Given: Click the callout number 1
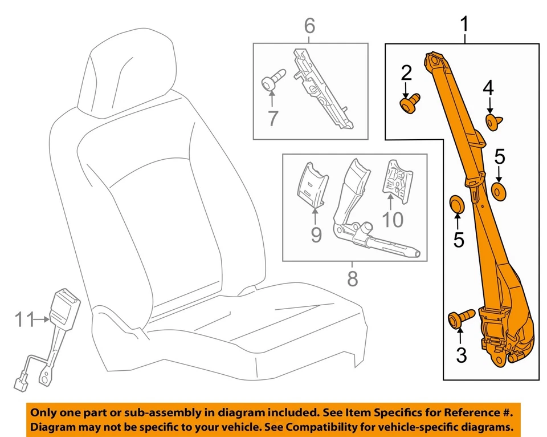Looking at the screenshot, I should tap(465, 25).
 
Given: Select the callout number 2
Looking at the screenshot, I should tap(406, 73).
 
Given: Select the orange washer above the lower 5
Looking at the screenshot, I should tap(457, 203).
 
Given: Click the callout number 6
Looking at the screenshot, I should tap(309, 26).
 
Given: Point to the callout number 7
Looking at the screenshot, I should tap(273, 118).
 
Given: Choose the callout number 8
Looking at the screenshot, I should tap(352, 279).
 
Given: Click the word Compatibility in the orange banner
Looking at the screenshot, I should tap(341, 427).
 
